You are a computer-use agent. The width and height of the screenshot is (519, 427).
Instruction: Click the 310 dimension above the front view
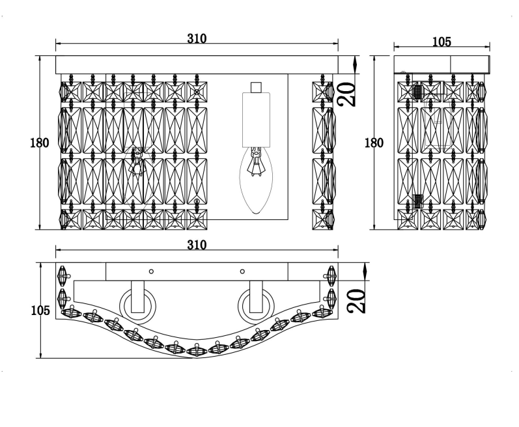[x=197, y=38]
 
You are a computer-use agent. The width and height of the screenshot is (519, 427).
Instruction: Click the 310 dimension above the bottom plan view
[x=197, y=245]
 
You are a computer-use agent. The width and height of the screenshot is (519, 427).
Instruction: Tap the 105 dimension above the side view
[x=442, y=42]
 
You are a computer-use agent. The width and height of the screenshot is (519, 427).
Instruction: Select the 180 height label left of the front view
[x=39, y=143]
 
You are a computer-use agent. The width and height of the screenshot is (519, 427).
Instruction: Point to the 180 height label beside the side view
[x=374, y=143]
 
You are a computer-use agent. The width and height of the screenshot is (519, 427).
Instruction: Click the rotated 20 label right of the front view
[x=346, y=94]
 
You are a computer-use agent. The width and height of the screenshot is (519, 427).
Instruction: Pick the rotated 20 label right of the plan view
[x=356, y=301]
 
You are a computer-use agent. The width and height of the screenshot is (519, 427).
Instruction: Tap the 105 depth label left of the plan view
[x=40, y=310]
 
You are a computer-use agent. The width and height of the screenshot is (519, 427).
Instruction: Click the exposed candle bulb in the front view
[x=256, y=180]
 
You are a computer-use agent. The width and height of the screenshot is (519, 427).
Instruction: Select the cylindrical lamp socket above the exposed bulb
[x=256, y=120]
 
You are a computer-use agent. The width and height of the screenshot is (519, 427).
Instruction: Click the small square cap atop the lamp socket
[x=256, y=88]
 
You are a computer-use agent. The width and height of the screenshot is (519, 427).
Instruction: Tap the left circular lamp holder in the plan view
[x=137, y=306]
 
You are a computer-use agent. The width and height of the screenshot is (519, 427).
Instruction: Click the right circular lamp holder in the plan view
[x=256, y=306]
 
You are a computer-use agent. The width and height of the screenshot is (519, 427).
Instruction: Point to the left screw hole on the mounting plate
[x=151, y=271]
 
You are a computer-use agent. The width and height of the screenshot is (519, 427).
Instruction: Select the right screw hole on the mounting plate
[x=242, y=271]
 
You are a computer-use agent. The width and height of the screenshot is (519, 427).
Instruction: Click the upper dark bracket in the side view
[x=418, y=91]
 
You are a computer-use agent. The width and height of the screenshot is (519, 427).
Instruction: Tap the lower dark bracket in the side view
[x=418, y=201]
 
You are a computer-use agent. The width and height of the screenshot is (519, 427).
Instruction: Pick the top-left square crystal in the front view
[x=70, y=92]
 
